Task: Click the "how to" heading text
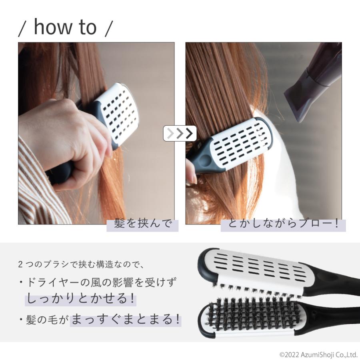pos(65,27)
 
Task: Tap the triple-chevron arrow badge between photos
pos(180,133)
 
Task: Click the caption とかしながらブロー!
pos(283,224)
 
